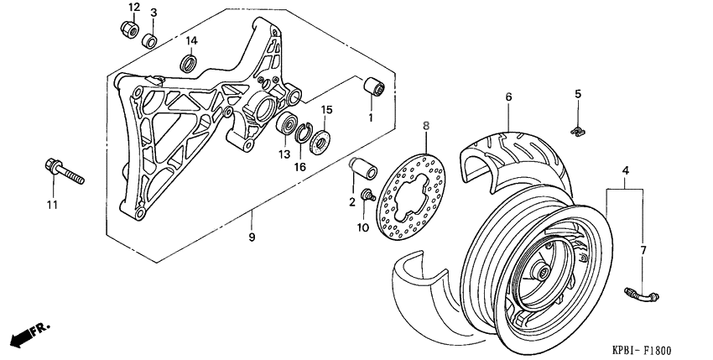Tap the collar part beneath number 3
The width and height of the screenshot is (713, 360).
click(151, 39)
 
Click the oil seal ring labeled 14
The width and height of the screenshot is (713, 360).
click(190, 62)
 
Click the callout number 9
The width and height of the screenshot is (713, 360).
click(251, 237)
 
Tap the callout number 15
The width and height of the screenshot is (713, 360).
click(327, 109)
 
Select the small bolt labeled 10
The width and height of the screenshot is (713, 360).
click(367, 196)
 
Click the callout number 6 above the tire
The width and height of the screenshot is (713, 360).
click(507, 97)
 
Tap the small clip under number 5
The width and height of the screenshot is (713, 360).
click(578, 129)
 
